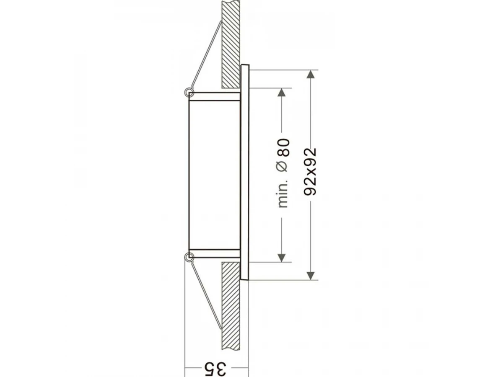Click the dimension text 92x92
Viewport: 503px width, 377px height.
[310, 172]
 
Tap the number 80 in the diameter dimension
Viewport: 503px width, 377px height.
[284, 147]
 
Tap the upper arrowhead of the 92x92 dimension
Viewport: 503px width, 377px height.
[310, 75]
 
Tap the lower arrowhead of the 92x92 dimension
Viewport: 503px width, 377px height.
[310, 275]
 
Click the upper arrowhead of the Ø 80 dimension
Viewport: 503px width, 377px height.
[281, 92]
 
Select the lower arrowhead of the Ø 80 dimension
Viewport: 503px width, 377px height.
[281, 258]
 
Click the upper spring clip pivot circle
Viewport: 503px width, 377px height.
[189, 93]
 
